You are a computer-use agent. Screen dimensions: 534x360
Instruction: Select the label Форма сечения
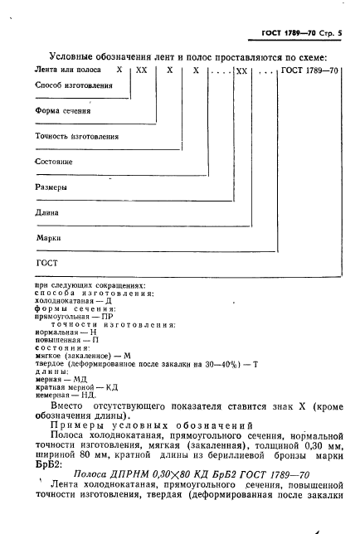63,110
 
